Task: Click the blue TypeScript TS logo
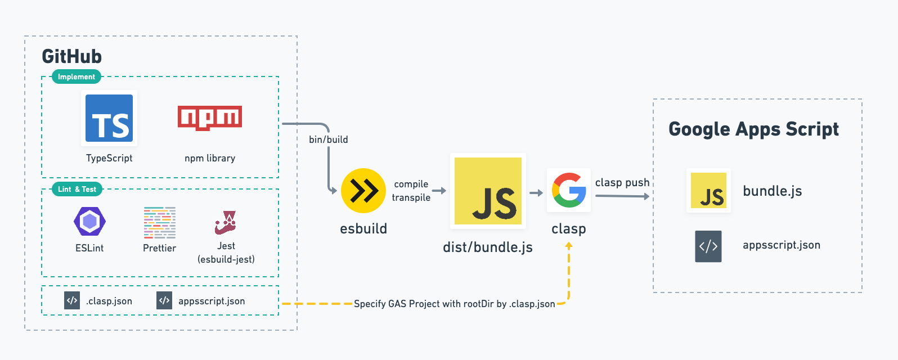point(109,118)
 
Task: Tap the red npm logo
point(210,118)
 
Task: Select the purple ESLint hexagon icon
point(89,221)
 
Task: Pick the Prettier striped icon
point(160,222)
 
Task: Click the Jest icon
point(226,222)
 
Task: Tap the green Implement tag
point(77,76)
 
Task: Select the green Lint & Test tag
point(77,189)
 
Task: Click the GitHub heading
point(72,56)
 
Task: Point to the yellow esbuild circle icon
point(363,191)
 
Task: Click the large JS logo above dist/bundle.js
point(488,191)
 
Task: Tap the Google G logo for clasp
point(569,190)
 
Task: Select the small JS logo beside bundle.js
point(708,191)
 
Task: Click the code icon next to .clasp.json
point(72,300)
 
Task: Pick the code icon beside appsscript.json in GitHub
point(164,300)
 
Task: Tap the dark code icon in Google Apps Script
point(708,246)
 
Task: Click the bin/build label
point(329,139)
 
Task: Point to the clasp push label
point(622,182)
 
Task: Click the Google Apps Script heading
point(753,129)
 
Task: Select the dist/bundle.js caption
point(488,247)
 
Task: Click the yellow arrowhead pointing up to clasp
point(569,246)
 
